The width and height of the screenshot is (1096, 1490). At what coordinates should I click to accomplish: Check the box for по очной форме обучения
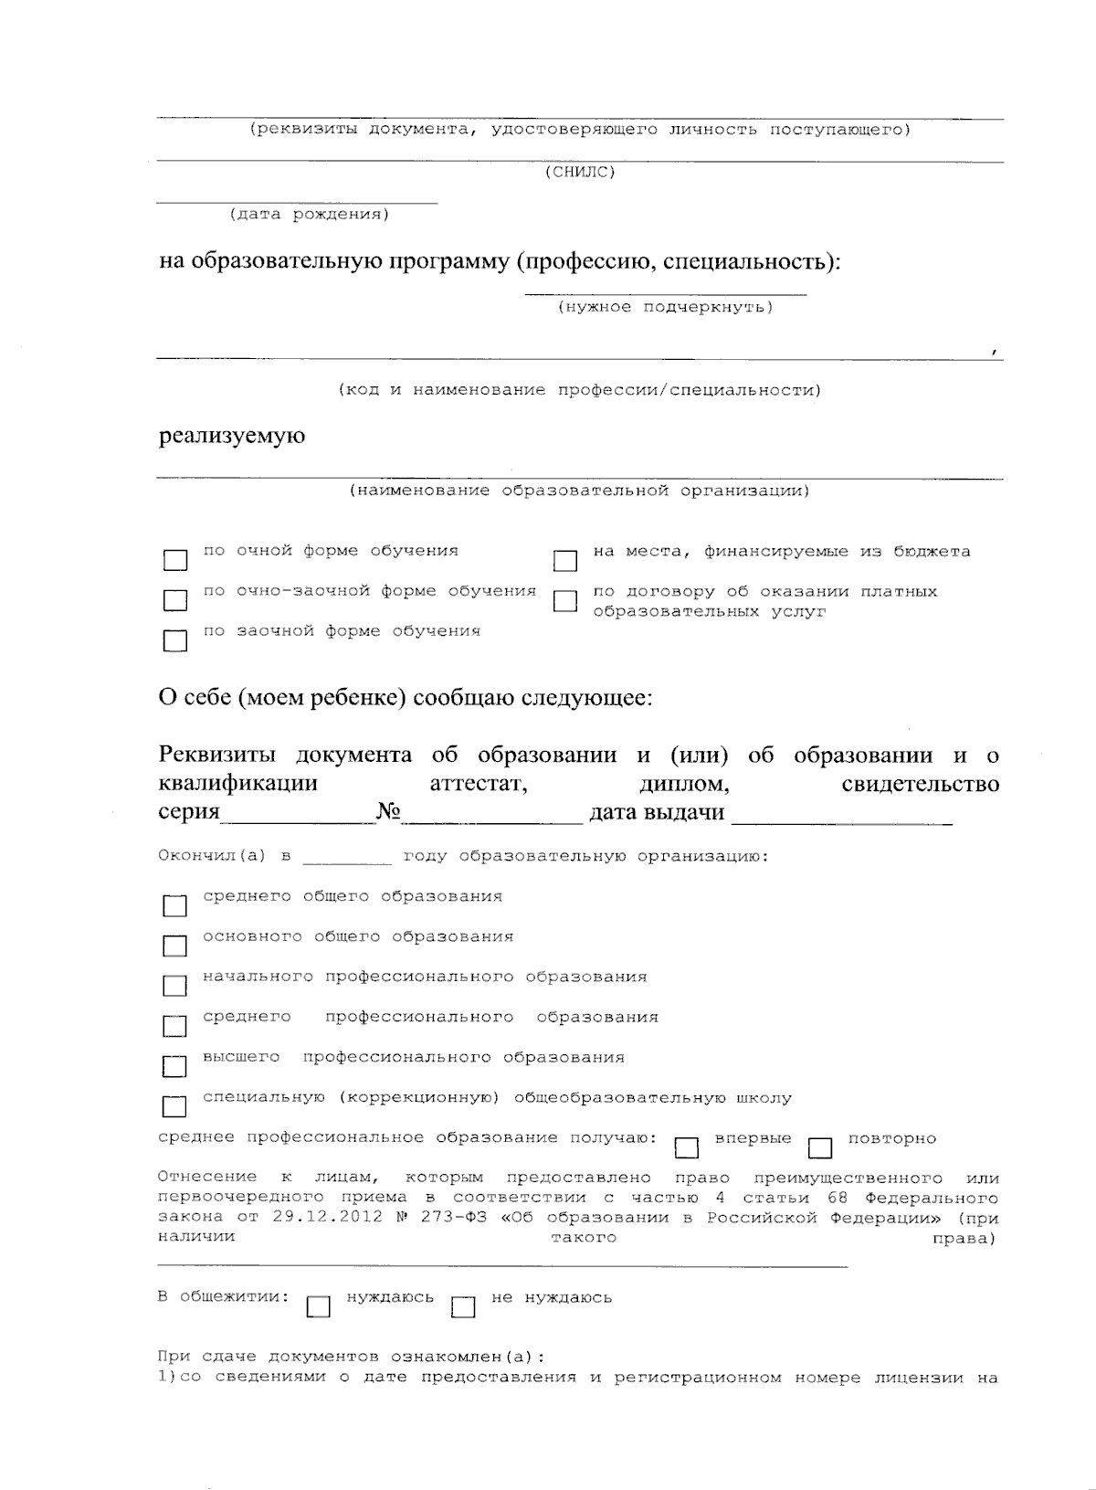click(x=174, y=560)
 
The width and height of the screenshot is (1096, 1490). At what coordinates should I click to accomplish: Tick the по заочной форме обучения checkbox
click(x=174, y=640)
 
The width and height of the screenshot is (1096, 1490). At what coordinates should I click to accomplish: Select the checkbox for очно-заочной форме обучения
click(x=174, y=600)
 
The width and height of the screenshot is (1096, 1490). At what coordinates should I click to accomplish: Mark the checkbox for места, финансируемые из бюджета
click(x=565, y=560)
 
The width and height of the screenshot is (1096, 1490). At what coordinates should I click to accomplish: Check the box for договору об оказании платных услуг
click(x=565, y=600)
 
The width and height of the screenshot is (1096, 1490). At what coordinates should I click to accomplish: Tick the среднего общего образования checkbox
click(x=174, y=905)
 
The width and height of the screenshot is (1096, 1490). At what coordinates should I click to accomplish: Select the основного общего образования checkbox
click(x=174, y=946)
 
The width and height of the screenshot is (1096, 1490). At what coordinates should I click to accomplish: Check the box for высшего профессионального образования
click(x=174, y=1066)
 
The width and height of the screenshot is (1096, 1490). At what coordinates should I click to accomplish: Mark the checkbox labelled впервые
click(x=686, y=1147)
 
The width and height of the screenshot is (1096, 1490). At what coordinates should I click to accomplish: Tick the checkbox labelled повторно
click(x=820, y=1147)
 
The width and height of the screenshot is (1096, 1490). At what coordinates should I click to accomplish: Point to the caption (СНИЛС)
click(x=580, y=172)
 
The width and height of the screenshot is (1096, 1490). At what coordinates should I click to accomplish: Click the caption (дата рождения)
click(x=309, y=215)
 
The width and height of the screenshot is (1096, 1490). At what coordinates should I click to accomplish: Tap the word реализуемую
click(x=232, y=436)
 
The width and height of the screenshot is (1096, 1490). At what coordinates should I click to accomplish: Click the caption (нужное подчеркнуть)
click(x=665, y=307)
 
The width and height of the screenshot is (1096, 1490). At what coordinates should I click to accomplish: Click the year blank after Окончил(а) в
click(x=347, y=857)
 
